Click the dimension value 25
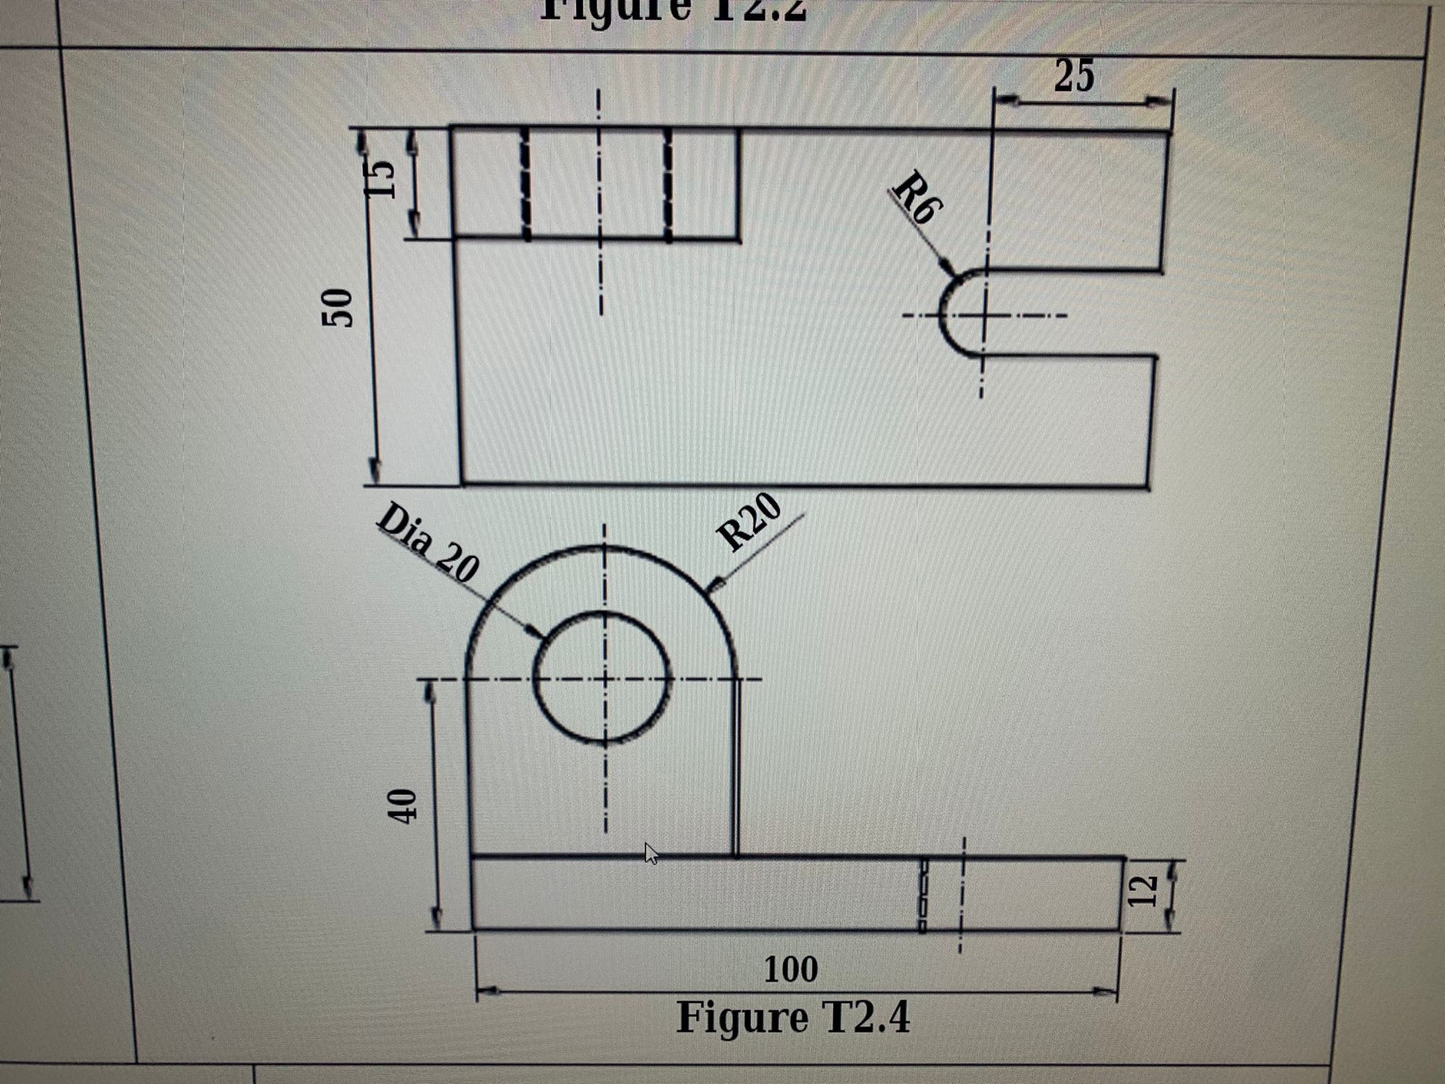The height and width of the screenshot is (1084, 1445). (x=1074, y=76)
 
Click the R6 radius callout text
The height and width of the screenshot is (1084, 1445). (x=918, y=197)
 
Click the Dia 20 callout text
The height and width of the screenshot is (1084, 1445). (x=428, y=543)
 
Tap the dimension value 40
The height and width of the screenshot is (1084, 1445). (x=401, y=806)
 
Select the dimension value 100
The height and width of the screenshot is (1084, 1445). (x=791, y=970)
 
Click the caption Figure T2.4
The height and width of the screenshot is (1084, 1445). (x=793, y=1018)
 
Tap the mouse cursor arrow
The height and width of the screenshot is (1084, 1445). (x=651, y=853)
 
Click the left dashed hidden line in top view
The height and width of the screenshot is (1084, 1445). (x=525, y=185)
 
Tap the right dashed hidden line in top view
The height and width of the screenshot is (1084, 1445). (x=668, y=185)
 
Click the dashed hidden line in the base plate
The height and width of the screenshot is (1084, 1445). (x=921, y=895)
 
